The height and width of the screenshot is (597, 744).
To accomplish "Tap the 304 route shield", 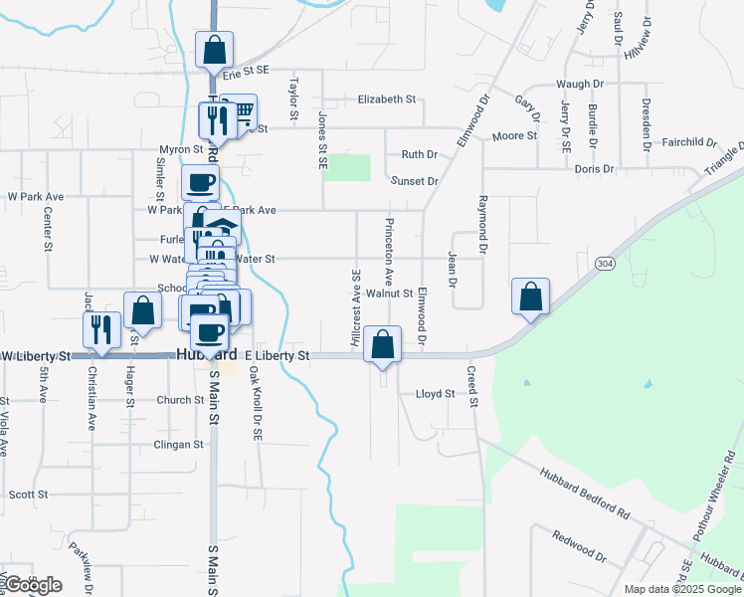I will point(605,263).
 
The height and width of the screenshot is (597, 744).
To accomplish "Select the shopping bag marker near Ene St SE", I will point(214,50).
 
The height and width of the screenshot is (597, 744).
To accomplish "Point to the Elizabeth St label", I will point(387,99).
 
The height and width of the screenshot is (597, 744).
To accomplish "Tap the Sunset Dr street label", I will point(415,181).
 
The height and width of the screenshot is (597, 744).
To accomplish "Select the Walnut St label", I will point(389,294).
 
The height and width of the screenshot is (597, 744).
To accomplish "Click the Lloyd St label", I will point(435,394).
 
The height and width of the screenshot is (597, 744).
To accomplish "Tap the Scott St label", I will point(28,495).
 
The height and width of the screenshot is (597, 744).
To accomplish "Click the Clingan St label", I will point(179,445).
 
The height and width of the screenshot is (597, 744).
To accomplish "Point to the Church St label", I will point(180,401).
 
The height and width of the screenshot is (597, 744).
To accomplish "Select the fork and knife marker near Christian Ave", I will point(101,329).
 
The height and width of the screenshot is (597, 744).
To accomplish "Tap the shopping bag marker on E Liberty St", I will point(382,344).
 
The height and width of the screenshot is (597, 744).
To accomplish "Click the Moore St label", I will point(515,135).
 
